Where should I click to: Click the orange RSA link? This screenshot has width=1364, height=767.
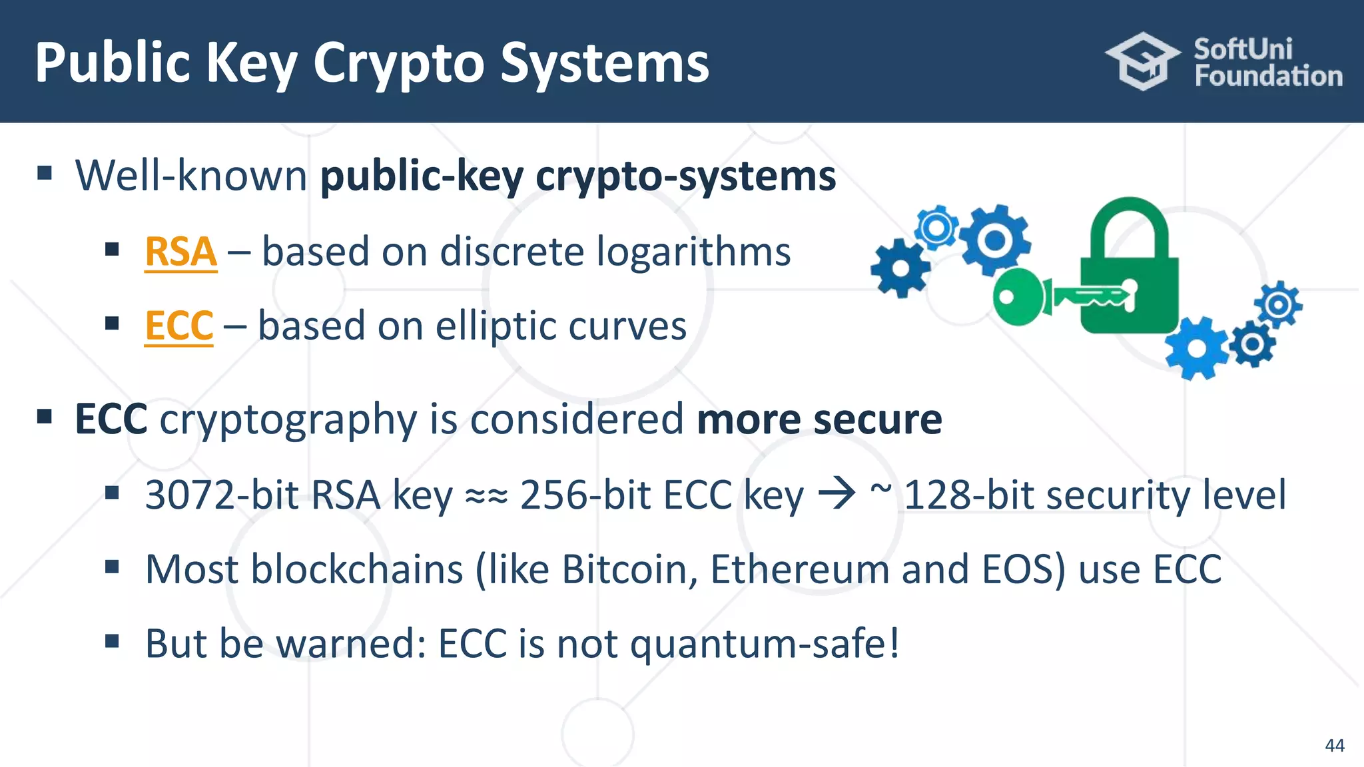click(x=180, y=252)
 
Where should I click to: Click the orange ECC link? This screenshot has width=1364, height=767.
click(x=178, y=326)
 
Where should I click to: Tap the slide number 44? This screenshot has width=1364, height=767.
click(x=1334, y=745)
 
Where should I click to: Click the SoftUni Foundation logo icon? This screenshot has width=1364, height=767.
click(x=1142, y=61)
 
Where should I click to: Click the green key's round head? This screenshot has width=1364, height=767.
click(x=1017, y=297)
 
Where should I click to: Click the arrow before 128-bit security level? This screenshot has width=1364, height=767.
click(x=837, y=494)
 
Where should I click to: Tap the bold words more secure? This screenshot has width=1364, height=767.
click(x=819, y=419)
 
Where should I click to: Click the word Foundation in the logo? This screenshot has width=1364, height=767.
click(x=1268, y=77)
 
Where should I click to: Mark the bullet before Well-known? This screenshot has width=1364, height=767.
click(x=45, y=174)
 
